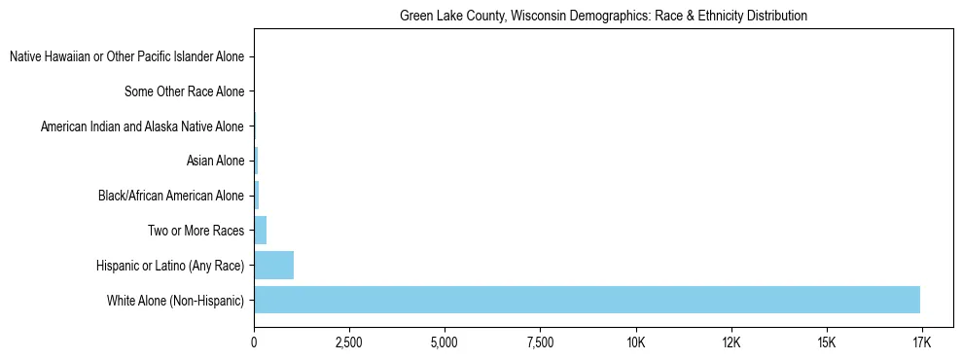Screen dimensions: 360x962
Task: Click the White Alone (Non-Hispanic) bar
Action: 587,300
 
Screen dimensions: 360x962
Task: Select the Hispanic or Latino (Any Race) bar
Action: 273,265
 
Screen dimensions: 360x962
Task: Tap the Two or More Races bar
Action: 260,231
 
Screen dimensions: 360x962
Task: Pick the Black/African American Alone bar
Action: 257,196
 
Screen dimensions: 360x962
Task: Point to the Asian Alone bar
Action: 256,161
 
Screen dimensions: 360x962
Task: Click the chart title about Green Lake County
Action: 603,17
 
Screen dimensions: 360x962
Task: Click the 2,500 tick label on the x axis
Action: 349,343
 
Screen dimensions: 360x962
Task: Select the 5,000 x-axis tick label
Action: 445,343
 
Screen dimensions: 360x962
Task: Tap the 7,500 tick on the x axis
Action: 540,343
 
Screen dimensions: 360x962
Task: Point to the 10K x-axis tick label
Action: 635,343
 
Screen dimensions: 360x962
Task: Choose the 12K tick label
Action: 730,343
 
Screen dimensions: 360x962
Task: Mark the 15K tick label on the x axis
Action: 826,343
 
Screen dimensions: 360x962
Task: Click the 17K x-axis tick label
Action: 921,343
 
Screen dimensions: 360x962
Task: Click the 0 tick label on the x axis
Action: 254,343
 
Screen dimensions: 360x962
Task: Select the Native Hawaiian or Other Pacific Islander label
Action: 126,57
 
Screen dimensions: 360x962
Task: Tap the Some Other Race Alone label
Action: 184,92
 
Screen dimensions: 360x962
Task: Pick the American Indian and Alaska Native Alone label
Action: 142,126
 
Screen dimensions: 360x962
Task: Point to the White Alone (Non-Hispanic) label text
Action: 175,301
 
